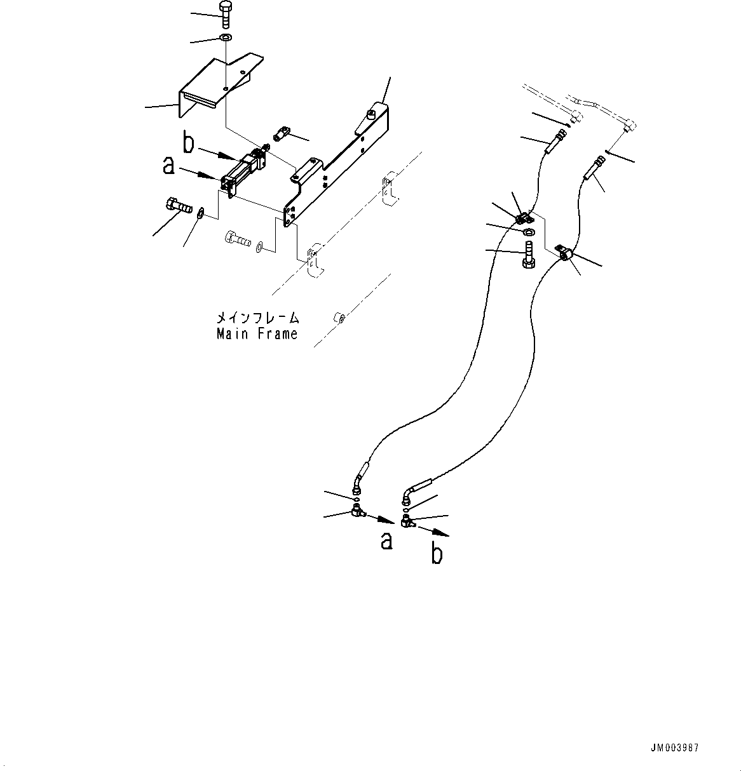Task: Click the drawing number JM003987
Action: coord(674,749)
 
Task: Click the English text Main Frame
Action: coord(257,334)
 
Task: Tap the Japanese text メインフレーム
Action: coord(257,318)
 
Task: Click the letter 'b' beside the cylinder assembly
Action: coord(189,143)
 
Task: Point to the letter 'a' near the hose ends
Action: coord(386,540)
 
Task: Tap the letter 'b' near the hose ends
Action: coord(437,553)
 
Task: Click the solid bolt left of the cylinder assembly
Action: coord(178,206)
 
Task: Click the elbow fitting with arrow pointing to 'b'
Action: coord(407,522)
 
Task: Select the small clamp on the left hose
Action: coord(522,218)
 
